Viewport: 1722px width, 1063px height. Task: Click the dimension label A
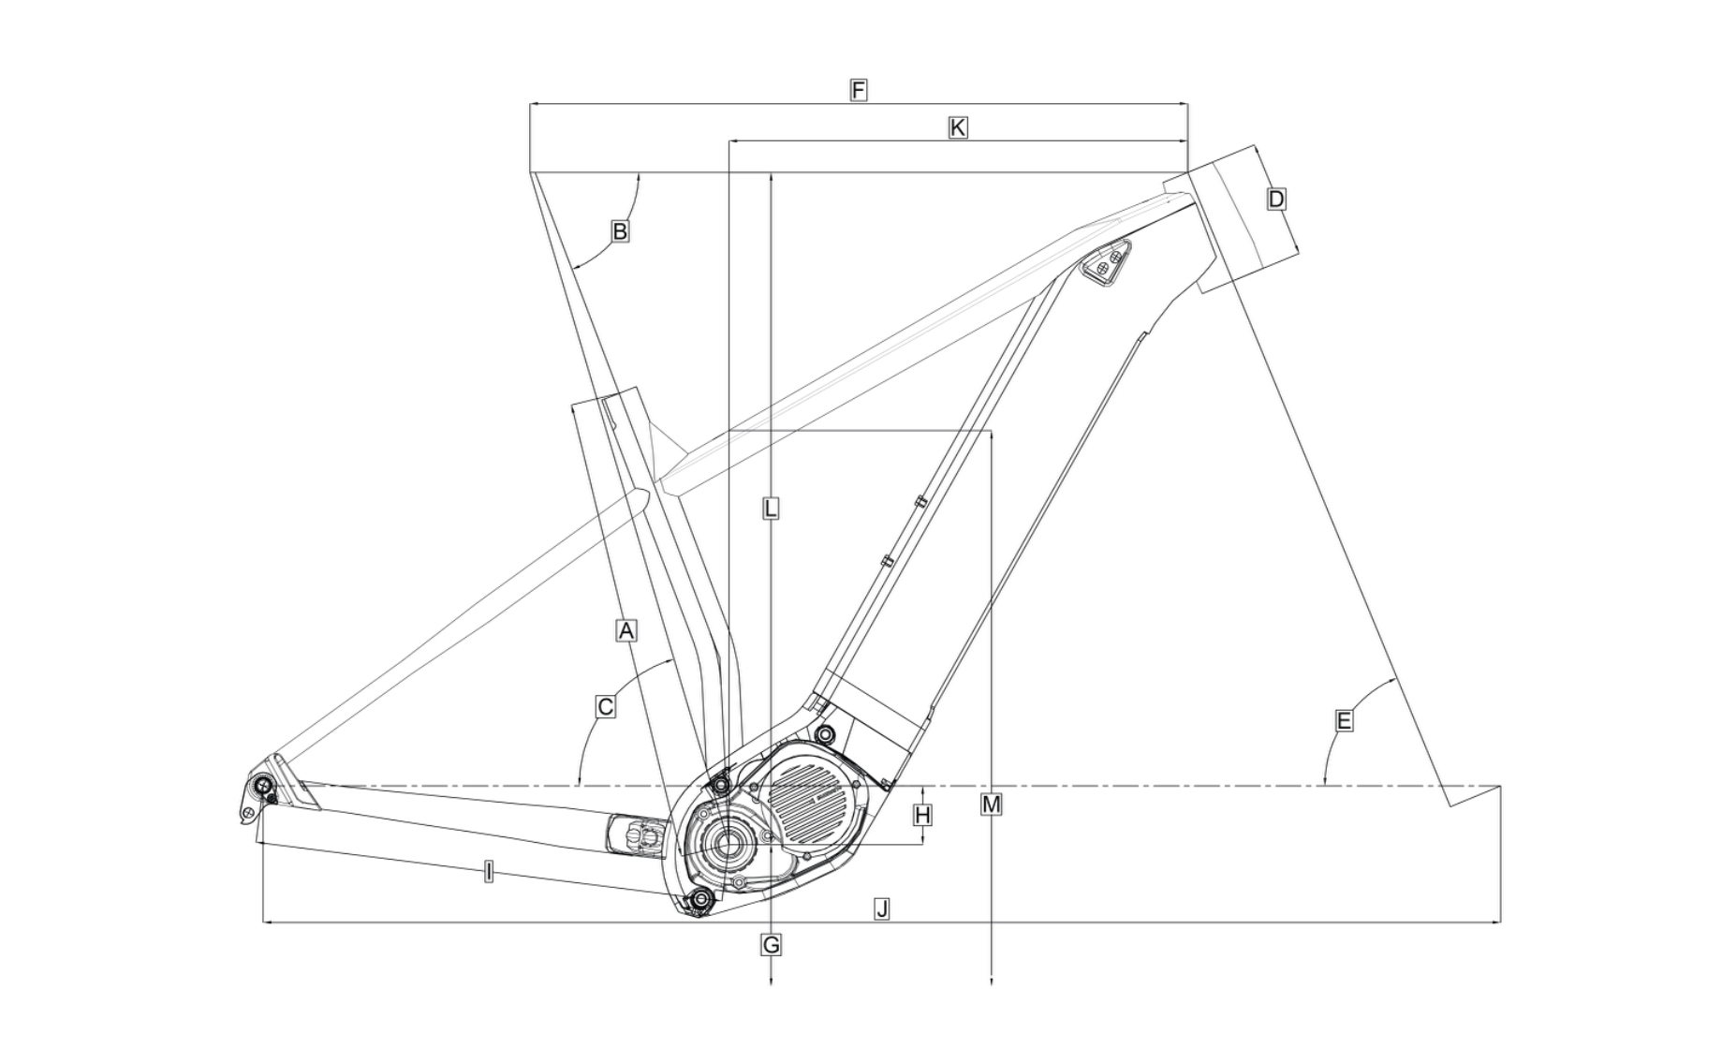(626, 630)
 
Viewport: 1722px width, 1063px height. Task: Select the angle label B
(619, 230)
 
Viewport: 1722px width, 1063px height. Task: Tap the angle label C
(605, 706)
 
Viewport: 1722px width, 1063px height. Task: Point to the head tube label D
(1275, 199)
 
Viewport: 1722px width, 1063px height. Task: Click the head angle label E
(1344, 720)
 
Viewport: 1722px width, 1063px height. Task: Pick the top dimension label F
(858, 90)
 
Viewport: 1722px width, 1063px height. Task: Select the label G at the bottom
(771, 945)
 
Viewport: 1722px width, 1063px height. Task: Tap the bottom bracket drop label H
(922, 816)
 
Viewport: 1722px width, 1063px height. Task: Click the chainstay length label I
(488, 873)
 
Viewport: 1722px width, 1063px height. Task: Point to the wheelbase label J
(880, 908)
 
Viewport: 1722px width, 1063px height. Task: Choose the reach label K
(957, 127)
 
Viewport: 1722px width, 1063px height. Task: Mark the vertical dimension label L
(770, 509)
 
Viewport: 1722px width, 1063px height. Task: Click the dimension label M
(991, 805)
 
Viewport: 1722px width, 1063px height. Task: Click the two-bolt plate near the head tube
(1108, 261)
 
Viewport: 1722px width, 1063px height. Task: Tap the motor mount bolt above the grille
(824, 732)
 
